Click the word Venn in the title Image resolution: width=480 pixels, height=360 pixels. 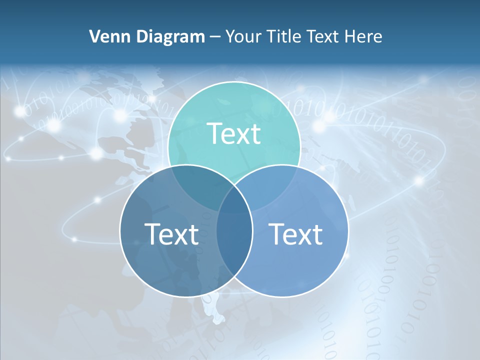[105, 36]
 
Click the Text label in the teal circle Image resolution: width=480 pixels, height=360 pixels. [234, 133]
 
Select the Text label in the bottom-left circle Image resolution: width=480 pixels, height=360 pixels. [171, 233]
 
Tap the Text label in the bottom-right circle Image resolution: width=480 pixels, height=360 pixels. [296, 233]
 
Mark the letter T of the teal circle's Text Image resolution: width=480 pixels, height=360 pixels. [214, 133]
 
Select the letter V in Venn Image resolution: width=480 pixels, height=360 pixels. [94, 36]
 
